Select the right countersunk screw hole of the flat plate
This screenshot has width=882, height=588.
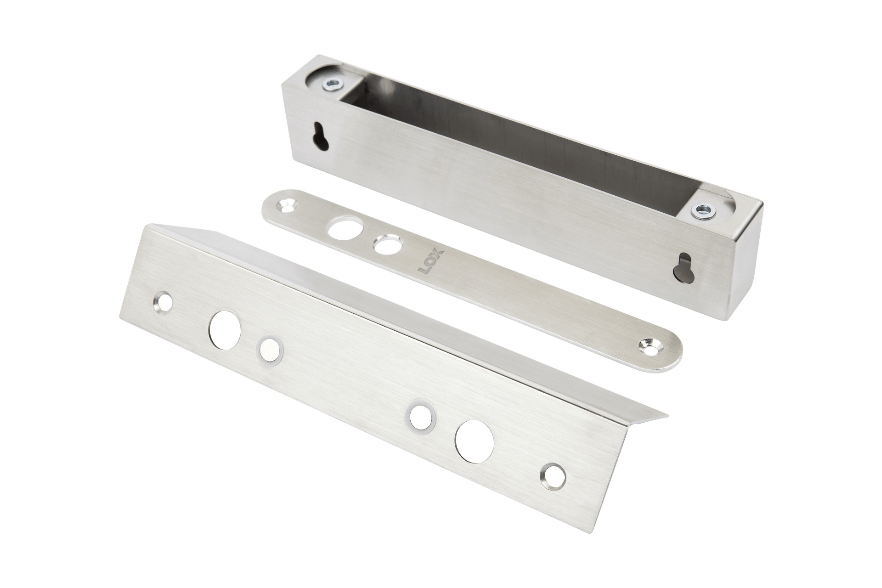[x=650, y=346]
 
